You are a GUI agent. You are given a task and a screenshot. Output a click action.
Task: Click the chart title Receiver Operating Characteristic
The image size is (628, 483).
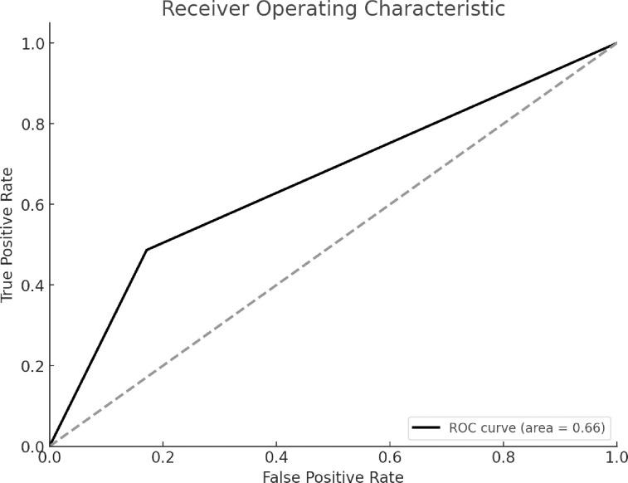[x=333, y=10]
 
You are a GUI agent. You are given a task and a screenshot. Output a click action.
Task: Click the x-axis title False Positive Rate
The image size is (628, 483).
[x=333, y=476]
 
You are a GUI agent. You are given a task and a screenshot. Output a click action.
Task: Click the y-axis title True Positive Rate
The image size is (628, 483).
[x=7, y=234]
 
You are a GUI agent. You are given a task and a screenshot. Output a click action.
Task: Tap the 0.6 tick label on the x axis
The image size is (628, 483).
[x=390, y=456]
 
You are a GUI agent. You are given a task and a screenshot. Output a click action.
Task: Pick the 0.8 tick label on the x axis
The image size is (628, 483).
[x=503, y=456]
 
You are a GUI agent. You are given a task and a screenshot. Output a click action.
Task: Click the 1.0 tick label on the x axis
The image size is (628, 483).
[x=616, y=456]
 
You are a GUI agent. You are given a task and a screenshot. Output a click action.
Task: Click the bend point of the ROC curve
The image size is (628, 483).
[x=146, y=250]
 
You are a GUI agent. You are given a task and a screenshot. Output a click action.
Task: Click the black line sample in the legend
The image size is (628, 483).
[x=426, y=428]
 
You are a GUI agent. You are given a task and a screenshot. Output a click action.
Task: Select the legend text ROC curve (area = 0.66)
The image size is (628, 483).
[x=526, y=428]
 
